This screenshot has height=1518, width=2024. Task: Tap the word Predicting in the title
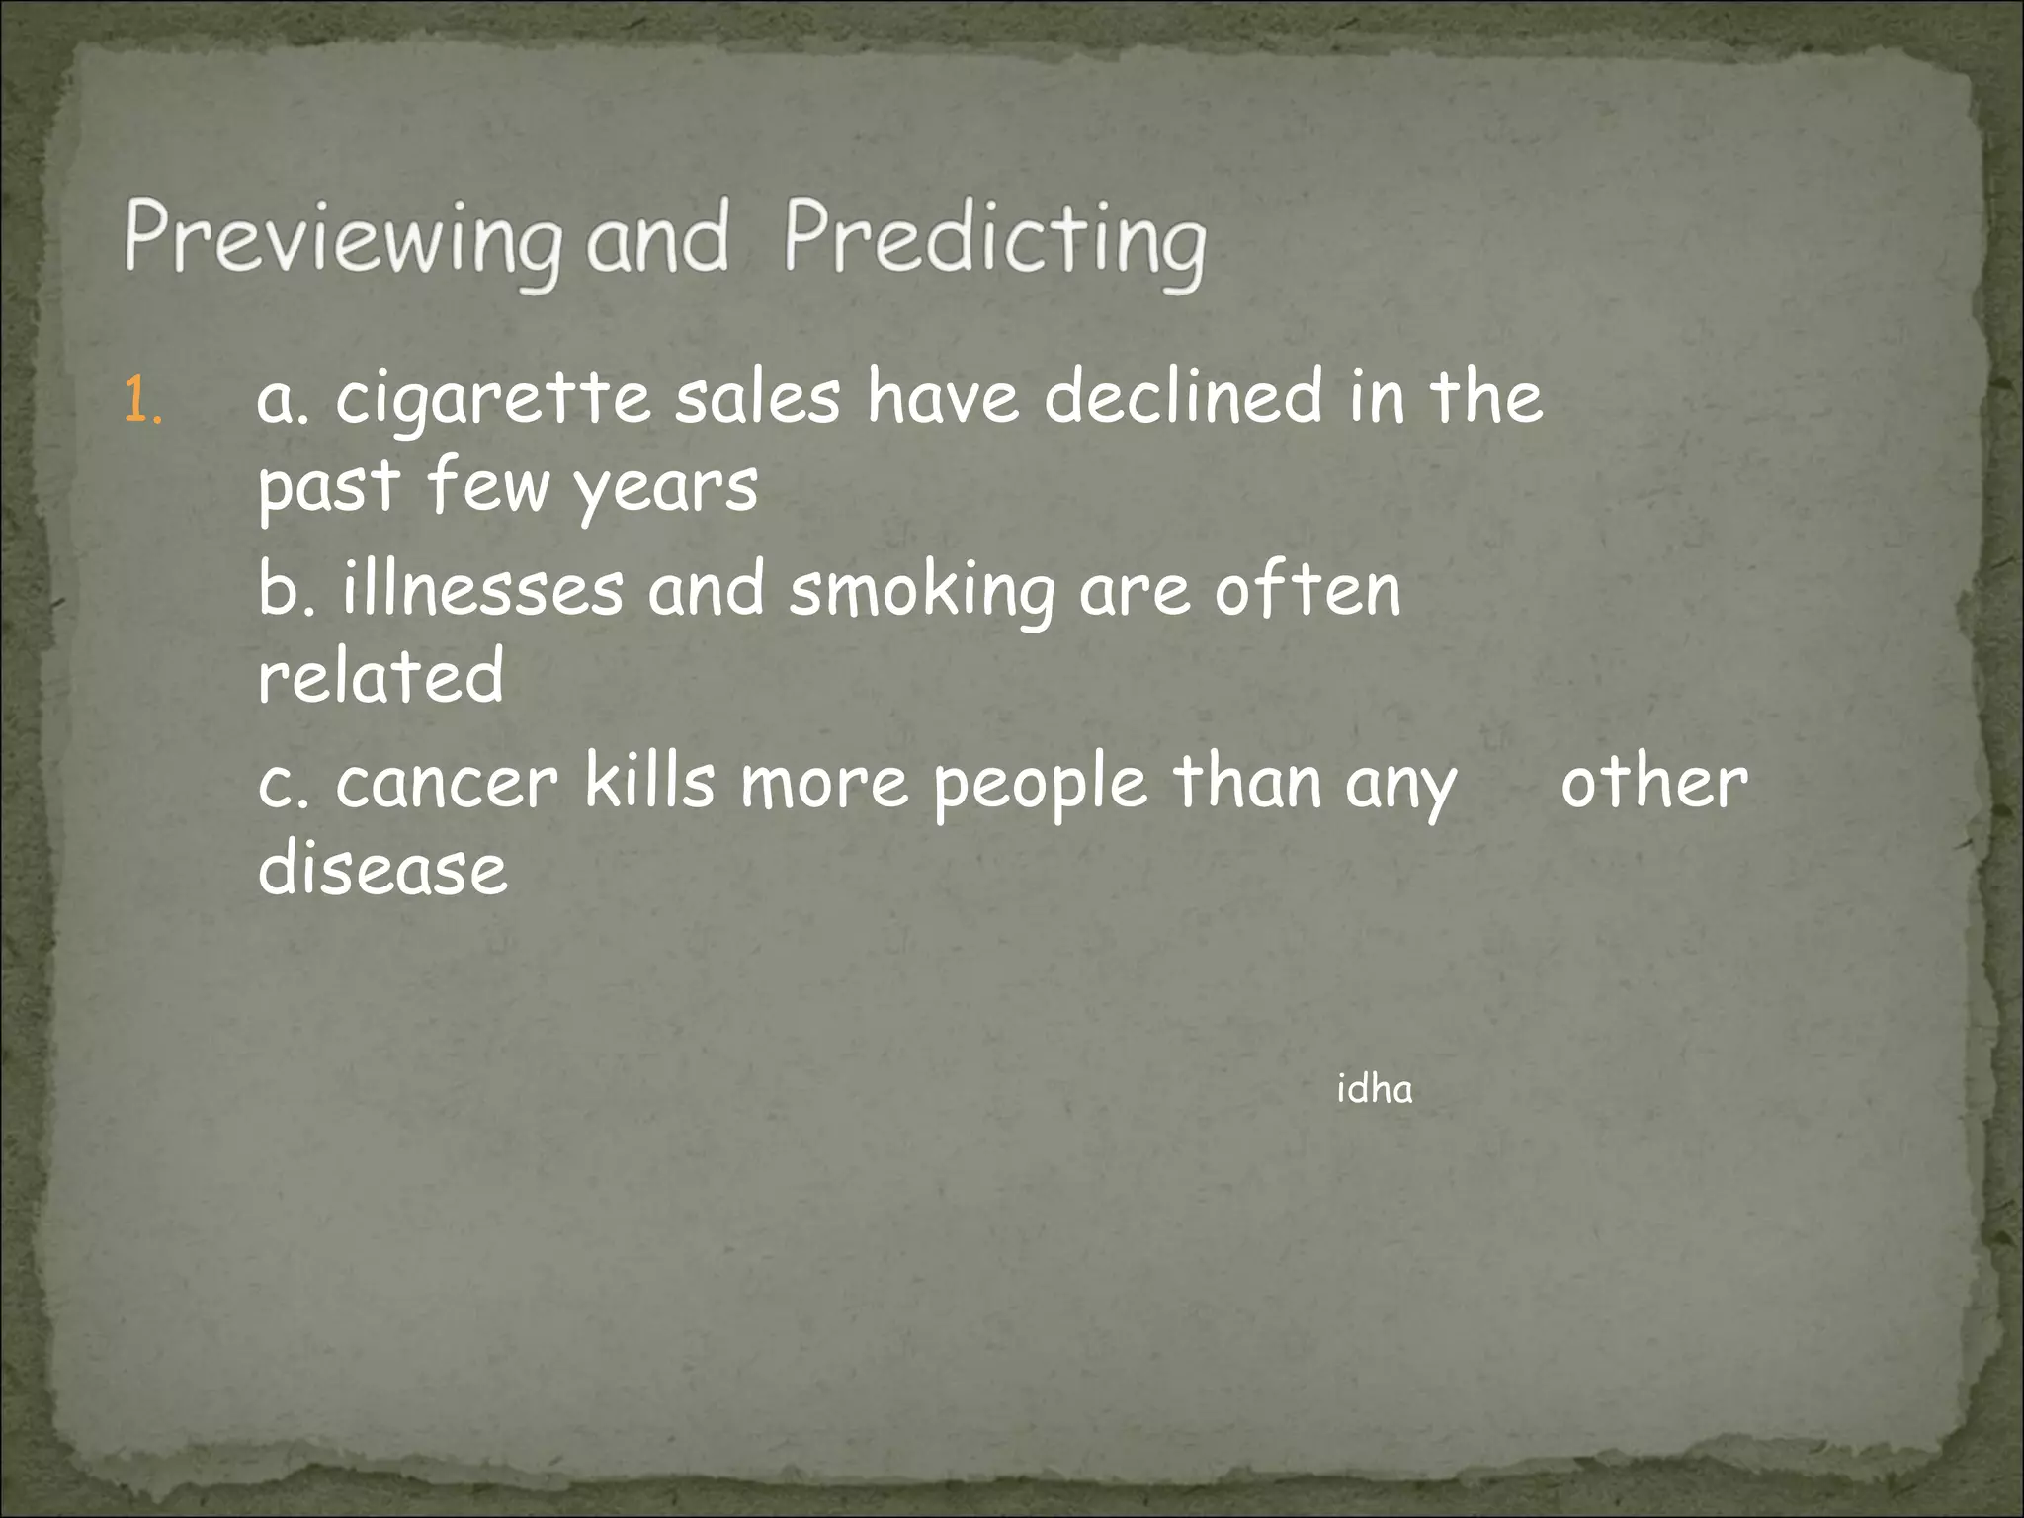(x=994, y=239)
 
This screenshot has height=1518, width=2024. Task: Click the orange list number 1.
(x=143, y=401)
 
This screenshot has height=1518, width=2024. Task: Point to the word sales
(x=757, y=397)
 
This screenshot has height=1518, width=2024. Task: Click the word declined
(x=1182, y=397)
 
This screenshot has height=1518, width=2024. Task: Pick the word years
(x=666, y=488)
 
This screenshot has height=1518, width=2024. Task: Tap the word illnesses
(x=483, y=590)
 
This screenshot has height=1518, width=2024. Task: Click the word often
(x=1307, y=590)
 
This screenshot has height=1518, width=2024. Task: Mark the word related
(x=380, y=676)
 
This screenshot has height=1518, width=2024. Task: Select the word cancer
(x=447, y=783)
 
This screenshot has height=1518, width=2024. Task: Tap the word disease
(x=382, y=868)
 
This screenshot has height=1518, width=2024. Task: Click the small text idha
(x=1374, y=1089)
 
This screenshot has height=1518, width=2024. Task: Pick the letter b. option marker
(x=286, y=590)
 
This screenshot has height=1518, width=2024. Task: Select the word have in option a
(x=943, y=397)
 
